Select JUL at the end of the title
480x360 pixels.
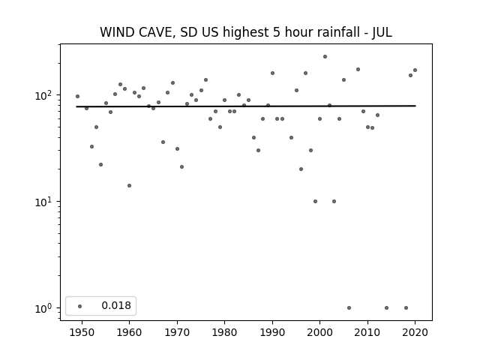382,32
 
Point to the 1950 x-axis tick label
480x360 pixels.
82,332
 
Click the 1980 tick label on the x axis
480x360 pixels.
224,332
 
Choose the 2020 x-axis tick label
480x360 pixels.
415,332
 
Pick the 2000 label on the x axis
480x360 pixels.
320,332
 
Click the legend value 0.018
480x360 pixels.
116,305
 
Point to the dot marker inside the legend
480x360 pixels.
80,306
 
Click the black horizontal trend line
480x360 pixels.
246,106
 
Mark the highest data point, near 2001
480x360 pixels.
325,57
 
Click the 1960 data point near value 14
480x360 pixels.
129,185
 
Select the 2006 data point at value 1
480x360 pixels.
349,308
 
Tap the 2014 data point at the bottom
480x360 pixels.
387,308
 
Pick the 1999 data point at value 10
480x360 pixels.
315,202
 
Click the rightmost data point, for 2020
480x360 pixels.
415,70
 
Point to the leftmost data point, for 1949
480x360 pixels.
77,97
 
